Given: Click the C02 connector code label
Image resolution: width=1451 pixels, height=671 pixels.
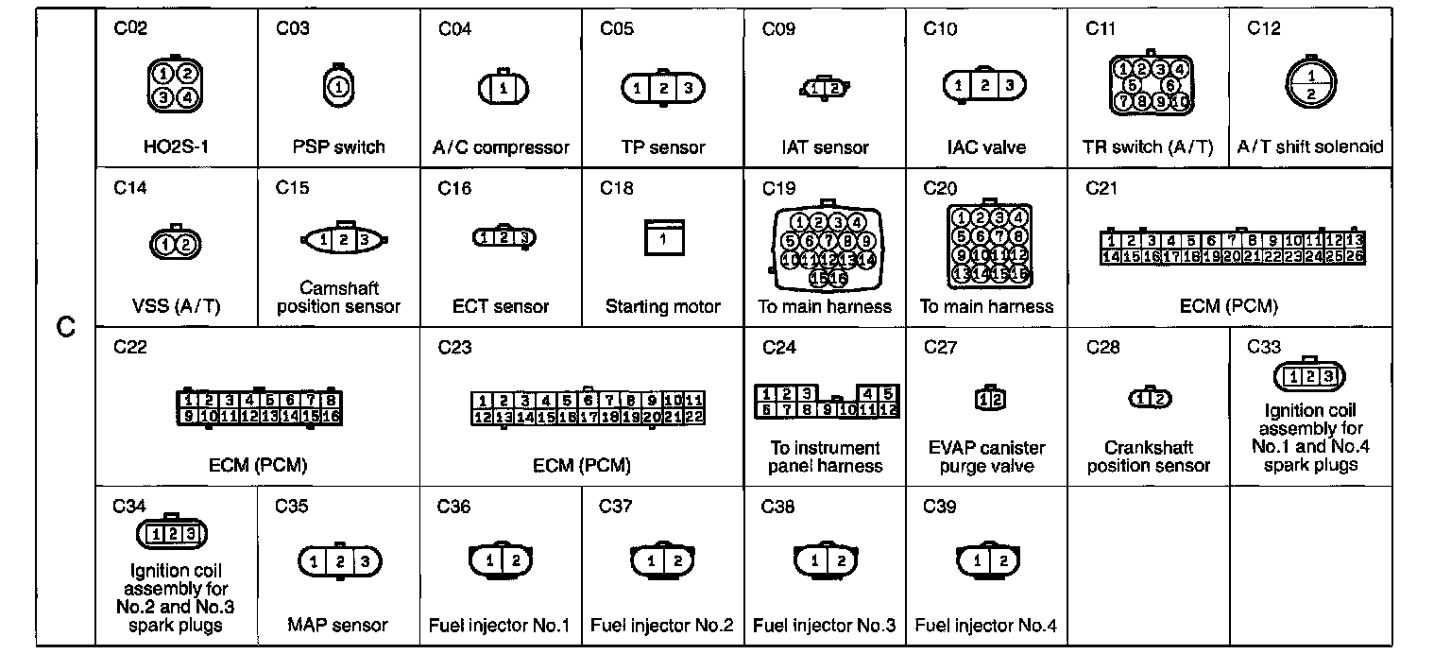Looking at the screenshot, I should [x=130, y=28].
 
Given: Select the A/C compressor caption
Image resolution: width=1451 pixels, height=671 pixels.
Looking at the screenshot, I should [x=501, y=147].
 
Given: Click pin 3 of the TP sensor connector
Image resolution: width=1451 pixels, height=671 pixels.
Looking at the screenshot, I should [x=690, y=88].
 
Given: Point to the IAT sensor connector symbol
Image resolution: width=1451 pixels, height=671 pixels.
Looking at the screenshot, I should [x=826, y=89].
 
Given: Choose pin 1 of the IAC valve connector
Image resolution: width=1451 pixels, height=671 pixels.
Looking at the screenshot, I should [x=959, y=86].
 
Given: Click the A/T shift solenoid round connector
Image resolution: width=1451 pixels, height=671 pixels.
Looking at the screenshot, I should [x=1310, y=84].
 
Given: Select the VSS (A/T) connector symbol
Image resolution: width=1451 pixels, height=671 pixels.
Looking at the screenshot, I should [x=176, y=245].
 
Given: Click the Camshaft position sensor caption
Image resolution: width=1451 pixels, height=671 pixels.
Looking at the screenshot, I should [x=338, y=298].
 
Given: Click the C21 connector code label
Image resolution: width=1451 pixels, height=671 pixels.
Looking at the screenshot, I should [x=1102, y=188].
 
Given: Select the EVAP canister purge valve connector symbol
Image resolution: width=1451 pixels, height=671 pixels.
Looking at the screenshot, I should [x=987, y=400].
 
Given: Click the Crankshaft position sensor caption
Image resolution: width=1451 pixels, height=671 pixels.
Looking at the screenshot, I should [x=1149, y=456].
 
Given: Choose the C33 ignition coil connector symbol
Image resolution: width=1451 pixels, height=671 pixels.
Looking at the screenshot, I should [x=1309, y=377].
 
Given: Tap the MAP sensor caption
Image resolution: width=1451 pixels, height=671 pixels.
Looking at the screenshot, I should [x=338, y=626].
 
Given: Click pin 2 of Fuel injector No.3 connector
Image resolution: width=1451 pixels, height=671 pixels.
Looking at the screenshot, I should [x=840, y=560].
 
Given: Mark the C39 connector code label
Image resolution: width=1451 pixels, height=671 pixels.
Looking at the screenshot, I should [x=940, y=508].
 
